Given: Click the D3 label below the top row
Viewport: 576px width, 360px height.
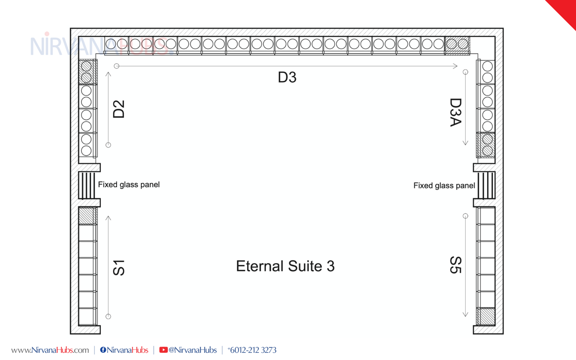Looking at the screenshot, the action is (287, 77).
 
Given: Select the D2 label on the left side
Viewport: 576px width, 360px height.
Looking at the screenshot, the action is (119, 109).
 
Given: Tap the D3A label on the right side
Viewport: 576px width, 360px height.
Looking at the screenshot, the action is (456, 112).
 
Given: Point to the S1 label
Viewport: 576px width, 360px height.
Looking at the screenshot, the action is (119, 268).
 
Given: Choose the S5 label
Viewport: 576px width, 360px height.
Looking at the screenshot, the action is (456, 265).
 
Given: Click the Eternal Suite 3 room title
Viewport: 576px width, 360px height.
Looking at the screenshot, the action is (285, 266).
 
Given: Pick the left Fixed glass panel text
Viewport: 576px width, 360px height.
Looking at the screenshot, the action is (129, 185).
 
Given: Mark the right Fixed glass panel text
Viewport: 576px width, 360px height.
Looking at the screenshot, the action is (444, 185).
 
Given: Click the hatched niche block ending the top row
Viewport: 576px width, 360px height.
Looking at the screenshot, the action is (457, 46).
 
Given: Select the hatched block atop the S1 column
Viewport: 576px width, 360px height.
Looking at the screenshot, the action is (88, 216).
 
